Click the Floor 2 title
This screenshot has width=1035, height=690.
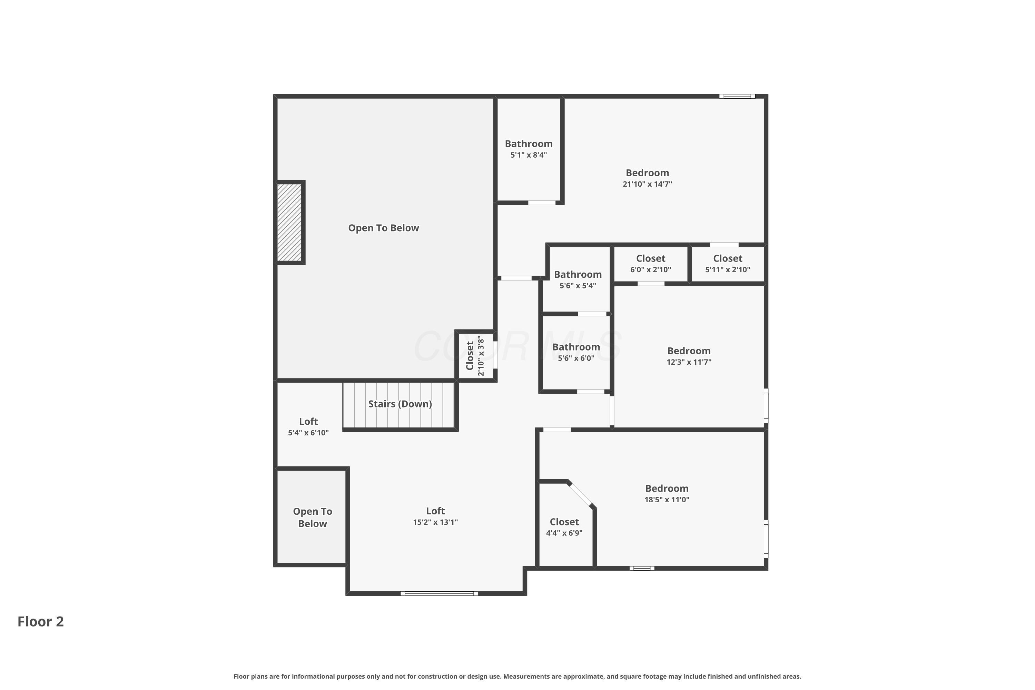40,621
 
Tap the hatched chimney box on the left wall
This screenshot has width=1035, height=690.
289,222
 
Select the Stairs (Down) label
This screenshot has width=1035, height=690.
400,404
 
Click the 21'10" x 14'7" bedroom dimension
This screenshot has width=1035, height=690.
647,184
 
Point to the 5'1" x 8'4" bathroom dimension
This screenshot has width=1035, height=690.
529,155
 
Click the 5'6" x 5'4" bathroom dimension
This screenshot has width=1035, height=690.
578,286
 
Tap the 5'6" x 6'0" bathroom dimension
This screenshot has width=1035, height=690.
576,358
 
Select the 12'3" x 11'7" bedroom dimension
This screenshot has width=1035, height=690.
689,362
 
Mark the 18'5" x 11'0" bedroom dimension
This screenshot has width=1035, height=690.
667,500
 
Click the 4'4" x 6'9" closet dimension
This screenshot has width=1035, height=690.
564,533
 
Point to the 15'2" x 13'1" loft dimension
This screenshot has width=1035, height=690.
435,522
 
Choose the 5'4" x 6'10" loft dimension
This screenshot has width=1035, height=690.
308,433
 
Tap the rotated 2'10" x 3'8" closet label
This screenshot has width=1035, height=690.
475,356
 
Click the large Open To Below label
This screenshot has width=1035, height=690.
383,228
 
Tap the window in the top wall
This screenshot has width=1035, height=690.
737,96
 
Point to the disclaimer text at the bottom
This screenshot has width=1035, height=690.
517,676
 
